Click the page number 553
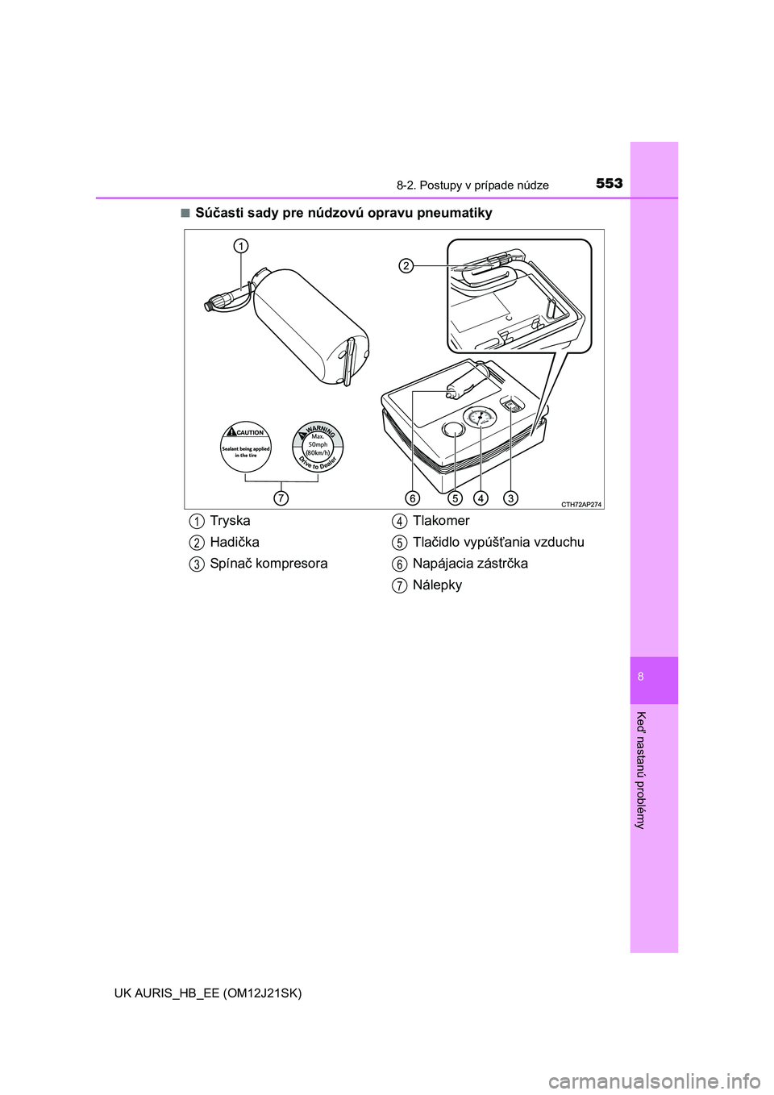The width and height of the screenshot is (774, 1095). pos(610,184)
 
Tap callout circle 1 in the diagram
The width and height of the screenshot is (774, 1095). pos(240,246)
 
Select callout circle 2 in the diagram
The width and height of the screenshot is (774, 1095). pos(405,266)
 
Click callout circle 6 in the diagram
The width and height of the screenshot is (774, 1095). pos(413,498)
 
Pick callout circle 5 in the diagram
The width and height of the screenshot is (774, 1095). pos(455,498)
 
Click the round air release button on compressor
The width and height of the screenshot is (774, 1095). pos(453,429)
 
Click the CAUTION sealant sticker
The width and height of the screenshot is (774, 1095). pos(245,447)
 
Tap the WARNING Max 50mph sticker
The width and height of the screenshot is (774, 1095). pos(318,447)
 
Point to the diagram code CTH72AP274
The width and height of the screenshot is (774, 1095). pos(580,505)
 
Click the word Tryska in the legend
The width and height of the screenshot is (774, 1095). pos(230,521)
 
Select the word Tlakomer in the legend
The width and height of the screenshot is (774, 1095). pos(441,521)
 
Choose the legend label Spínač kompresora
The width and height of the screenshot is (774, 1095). pos(268,564)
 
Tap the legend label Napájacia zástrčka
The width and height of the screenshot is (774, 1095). pos(470,564)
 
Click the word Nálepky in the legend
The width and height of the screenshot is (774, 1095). pos(437,585)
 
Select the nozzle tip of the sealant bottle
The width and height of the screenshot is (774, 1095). pos(209,306)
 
